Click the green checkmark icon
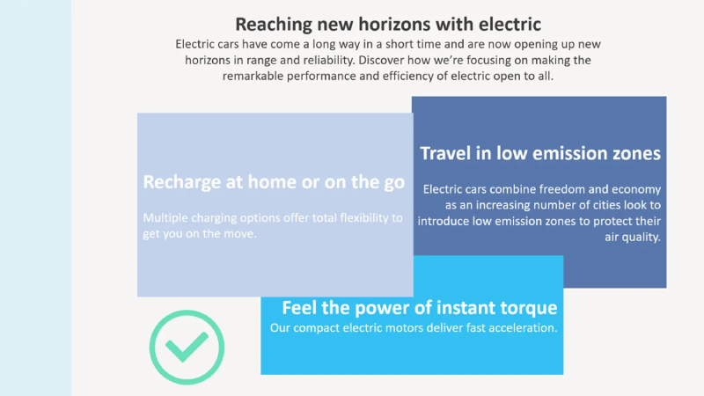pyautogui.click(x=187, y=347)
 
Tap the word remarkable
pyautogui.click(x=253, y=76)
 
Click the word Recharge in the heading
pyautogui.click(x=183, y=182)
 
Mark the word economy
pyautogui.click(x=636, y=190)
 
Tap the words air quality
pyautogui.click(x=633, y=237)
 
